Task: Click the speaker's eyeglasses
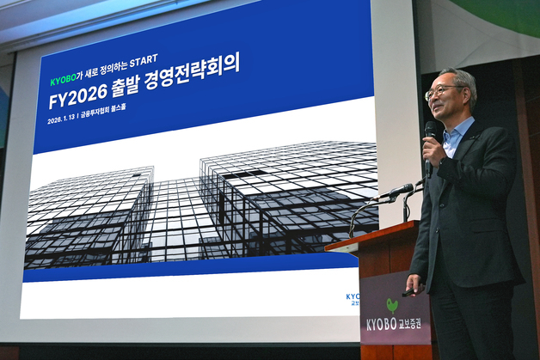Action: (441, 90)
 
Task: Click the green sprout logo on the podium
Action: (392, 304)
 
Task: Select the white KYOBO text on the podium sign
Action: (381, 324)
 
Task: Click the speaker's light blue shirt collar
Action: (457, 134)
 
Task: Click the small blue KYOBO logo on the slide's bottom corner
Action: (353, 296)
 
